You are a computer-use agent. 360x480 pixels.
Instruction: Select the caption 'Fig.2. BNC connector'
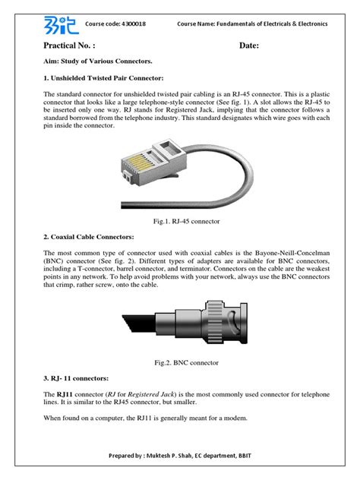click(x=180, y=364)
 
